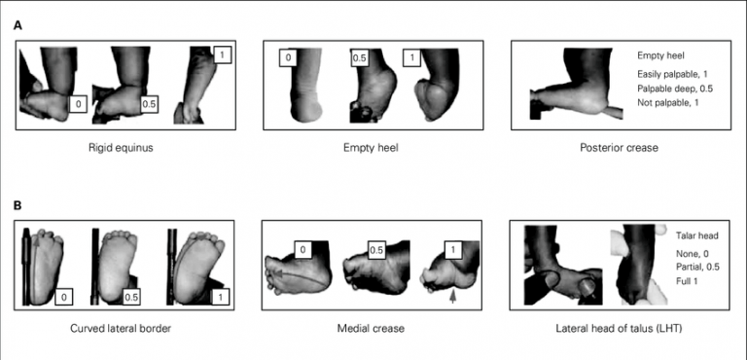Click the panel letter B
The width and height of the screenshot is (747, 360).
[18, 207]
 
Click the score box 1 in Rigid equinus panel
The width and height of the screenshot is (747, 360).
[222, 55]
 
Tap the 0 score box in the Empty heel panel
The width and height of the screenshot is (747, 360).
[288, 58]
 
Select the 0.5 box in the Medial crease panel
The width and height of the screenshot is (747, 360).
[376, 250]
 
